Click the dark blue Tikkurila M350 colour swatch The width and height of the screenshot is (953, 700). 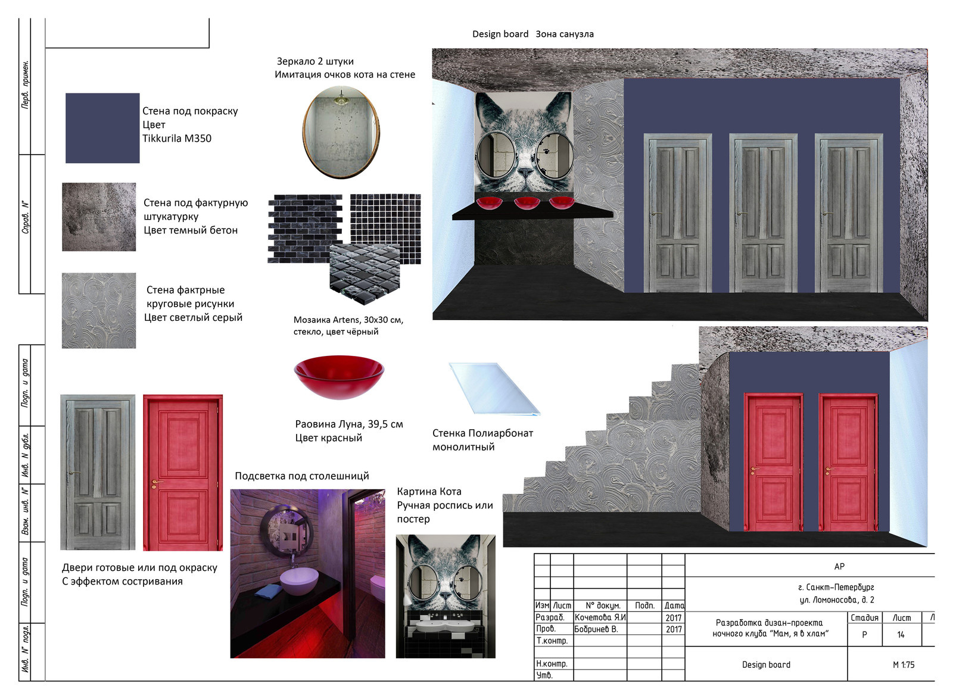tap(102, 128)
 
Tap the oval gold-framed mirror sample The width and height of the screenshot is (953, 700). tap(341, 132)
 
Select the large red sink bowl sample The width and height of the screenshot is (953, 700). tap(339, 377)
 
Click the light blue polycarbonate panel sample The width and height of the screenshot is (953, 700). tap(494, 388)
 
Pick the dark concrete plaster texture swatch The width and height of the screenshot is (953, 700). tap(99, 217)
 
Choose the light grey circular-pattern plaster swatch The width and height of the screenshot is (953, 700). tap(99, 311)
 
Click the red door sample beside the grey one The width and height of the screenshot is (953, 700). tap(183, 473)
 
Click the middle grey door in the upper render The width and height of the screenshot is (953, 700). tap(763, 213)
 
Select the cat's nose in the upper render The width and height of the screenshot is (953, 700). tap(525, 172)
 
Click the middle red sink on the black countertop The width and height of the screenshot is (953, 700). tap(527, 203)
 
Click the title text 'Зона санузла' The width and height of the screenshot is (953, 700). tap(565, 34)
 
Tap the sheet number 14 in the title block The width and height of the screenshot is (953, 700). tap(901, 635)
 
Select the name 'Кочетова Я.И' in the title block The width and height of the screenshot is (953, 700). tap(600, 617)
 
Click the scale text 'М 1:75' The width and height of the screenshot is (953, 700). tap(903, 665)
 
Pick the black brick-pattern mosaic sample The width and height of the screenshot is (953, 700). tap(304, 229)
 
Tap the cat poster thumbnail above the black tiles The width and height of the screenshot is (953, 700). tap(446, 596)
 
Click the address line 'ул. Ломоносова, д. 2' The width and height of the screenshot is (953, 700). tap(836, 600)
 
